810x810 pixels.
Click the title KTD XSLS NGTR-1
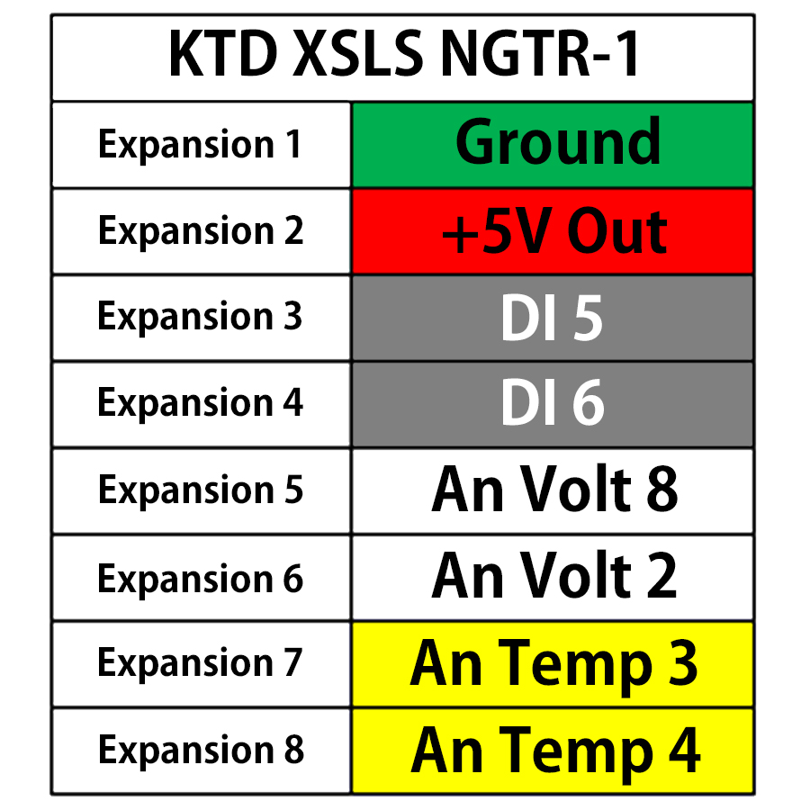(x=404, y=56)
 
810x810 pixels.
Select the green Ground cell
(x=553, y=144)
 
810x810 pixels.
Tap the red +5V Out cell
(x=553, y=231)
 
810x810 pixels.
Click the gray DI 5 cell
(x=553, y=318)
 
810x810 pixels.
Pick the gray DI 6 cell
(x=553, y=404)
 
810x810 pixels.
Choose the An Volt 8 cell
(x=553, y=490)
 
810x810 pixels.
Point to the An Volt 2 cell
(x=553, y=577)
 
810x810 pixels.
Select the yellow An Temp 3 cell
(x=553, y=663)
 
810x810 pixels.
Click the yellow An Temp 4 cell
(x=553, y=751)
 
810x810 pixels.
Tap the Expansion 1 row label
(x=201, y=144)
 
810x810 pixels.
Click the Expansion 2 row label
(x=201, y=231)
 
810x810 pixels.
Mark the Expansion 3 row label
(x=201, y=318)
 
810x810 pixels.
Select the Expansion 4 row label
(x=201, y=404)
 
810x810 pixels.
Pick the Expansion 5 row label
(x=201, y=490)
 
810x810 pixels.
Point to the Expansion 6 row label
(x=201, y=577)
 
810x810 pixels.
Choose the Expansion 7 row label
(x=201, y=663)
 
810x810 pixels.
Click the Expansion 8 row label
(x=201, y=751)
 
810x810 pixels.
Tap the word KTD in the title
(x=223, y=56)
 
